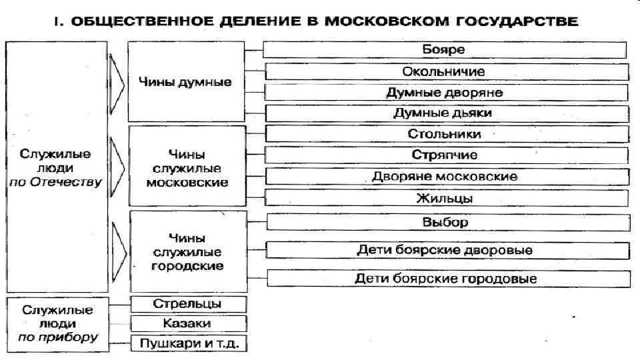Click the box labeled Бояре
click(x=444, y=50)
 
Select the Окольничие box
click(x=444, y=71)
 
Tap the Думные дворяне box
click(x=444, y=92)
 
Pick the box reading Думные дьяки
click(x=444, y=113)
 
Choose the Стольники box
click(x=444, y=134)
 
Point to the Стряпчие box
click(x=444, y=155)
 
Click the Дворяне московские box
click(x=444, y=177)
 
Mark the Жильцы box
click(x=444, y=198)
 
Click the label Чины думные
click(x=185, y=83)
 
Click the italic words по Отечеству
click(x=57, y=181)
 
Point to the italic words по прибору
click(x=57, y=337)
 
